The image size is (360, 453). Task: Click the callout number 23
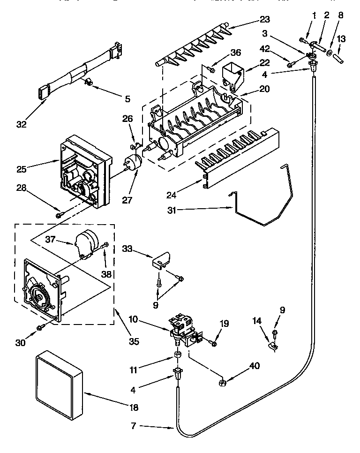click(265, 20)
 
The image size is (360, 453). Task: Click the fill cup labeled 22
click(233, 75)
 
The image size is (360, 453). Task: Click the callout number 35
click(134, 342)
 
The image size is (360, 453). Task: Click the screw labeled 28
click(59, 215)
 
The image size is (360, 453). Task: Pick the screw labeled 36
click(211, 70)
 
